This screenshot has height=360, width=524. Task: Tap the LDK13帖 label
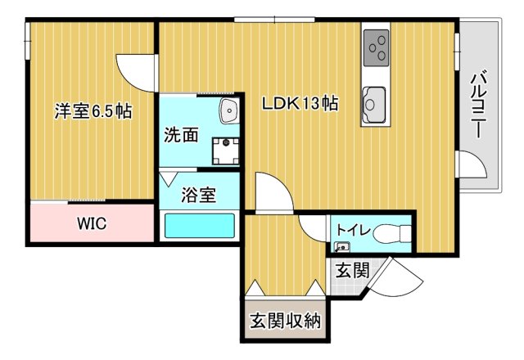[x=300, y=105]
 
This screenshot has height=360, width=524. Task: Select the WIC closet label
[x=92, y=223]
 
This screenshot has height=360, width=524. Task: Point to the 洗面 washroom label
[x=180, y=136]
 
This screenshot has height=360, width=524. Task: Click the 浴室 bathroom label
[x=198, y=196]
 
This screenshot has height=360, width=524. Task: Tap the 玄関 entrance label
[x=351, y=268]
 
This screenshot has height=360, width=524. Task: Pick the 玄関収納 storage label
[x=285, y=320]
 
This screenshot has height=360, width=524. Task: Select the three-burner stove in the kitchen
[x=377, y=47]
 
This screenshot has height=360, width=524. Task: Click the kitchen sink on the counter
[x=373, y=103]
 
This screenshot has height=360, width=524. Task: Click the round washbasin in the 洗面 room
[x=227, y=110]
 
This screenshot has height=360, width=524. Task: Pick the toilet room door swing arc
[x=314, y=228]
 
